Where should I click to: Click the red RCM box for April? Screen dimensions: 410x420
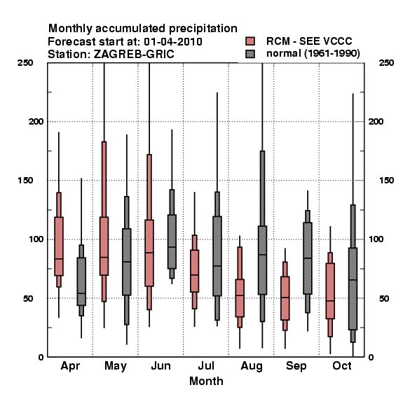click(x=59, y=246)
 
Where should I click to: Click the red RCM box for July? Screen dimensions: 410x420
click(x=194, y=271)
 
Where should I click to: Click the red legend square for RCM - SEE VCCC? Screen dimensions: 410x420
click(x=250, y=41)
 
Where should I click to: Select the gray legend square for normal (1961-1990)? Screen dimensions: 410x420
click(x=250, y=54)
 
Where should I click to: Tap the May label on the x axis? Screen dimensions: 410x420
click(x=116, y=366)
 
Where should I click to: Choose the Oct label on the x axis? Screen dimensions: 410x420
click(x=342, y=365)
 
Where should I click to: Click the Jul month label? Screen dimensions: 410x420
click(x=206, y=365)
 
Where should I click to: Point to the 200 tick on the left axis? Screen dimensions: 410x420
click(x=36, y=121)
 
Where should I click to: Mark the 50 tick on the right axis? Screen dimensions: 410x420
click(x=384, y=298)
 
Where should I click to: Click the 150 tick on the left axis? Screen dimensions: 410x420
click(x=25, y=181)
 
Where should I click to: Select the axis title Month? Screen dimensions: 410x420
click(x=206, y=381)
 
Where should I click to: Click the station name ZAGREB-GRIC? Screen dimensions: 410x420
click(x=134, y=54)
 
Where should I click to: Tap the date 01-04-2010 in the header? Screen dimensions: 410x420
click(x=173, y=41)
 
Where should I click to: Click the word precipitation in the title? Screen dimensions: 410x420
click(x=203, y=29)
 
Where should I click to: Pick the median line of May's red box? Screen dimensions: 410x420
click(x=104, y=257)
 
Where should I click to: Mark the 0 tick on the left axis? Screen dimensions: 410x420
click(x=41, y=357)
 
